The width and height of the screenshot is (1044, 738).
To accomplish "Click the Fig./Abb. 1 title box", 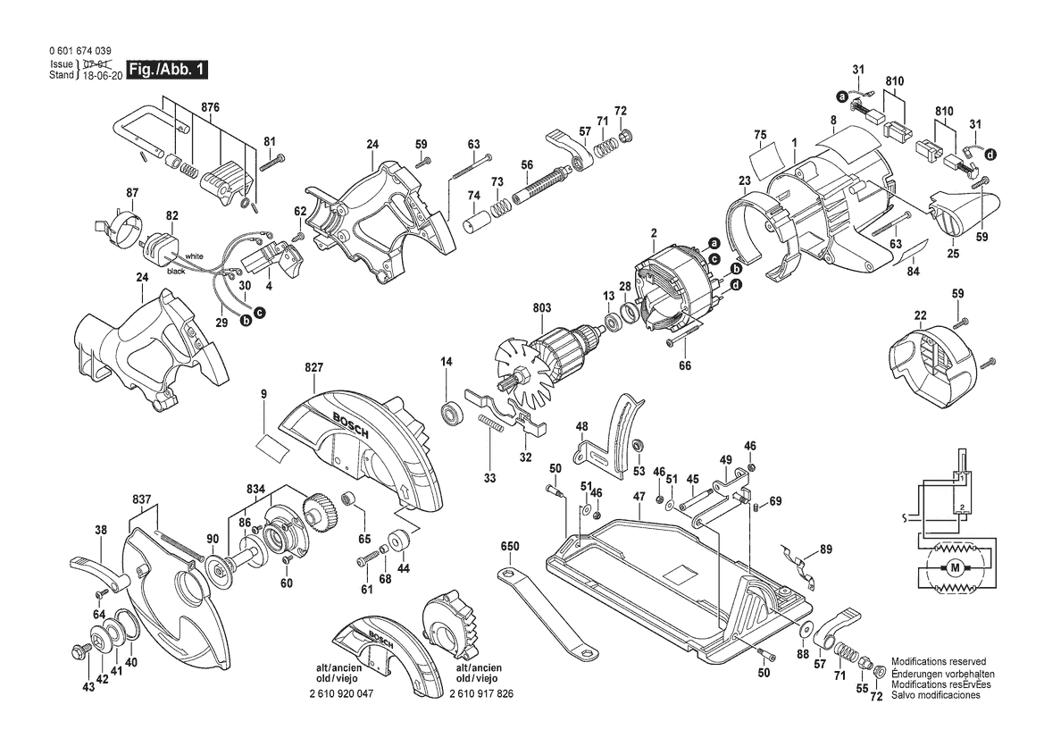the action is coord(167,70).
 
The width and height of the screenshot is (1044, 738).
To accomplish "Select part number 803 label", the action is coord(542,307).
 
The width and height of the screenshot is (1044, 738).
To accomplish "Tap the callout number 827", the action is coord(313,368).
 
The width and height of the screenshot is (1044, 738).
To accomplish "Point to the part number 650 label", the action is coord(510,547).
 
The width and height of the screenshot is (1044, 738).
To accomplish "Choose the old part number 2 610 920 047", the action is coord(341,693).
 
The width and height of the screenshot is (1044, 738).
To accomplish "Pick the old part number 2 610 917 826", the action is coord(481,693).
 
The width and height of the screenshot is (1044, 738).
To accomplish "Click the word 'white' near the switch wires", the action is coord(195,256).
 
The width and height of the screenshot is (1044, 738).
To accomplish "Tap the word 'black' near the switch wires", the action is coord(177,271).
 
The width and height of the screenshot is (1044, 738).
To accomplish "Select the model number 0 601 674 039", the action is coord(79,51).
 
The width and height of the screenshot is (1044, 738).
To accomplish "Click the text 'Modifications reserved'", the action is coord(939,662).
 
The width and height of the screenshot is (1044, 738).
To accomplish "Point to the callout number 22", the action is coord(920,315).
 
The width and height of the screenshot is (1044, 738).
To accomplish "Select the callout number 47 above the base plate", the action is coord(639,496).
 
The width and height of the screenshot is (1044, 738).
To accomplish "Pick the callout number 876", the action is coord(210,108).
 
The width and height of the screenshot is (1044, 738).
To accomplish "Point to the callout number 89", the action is coord(826,549).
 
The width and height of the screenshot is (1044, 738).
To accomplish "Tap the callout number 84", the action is coord(914,271).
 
